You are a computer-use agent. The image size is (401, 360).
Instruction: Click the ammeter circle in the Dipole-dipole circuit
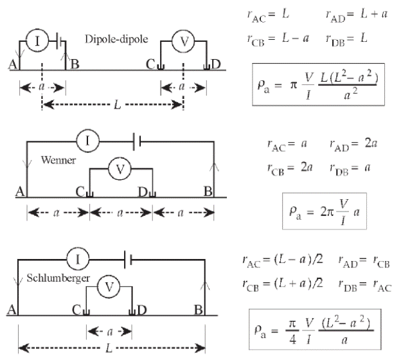point(37,42)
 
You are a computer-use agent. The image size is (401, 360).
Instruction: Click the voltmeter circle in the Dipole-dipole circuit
point(184,42)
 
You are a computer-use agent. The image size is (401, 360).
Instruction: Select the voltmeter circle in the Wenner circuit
point(120,170)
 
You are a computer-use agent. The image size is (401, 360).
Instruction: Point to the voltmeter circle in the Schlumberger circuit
point(109,287)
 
